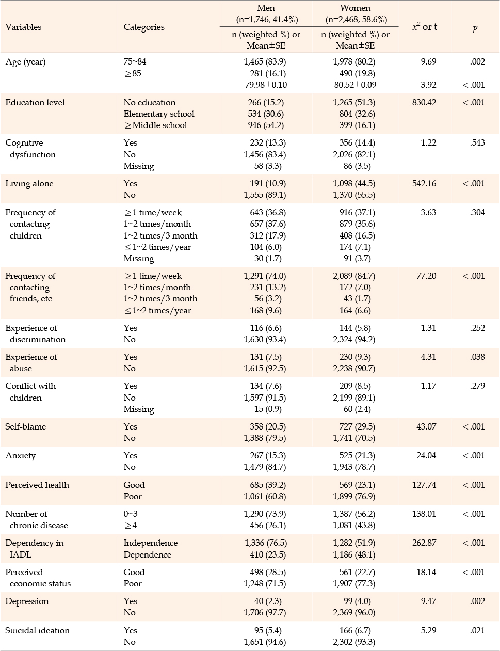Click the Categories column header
coord(144,27)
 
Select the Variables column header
coord(23,27)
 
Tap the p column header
coord(475,28)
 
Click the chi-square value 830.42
coord(424,102)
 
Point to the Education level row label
coord(35,102)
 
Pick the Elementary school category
coord(159,114)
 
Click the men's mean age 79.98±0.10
coord(266,85)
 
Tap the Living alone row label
coord(29,183)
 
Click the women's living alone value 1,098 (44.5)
coord(354,183)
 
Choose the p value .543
coord(477,142)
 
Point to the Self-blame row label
coord(25,426)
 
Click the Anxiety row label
coord(20,456)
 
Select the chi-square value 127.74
coord(424,485)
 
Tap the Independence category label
coord(151,543)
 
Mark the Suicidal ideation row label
coord(38,631)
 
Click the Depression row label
coord(27,601)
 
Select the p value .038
coord(477,357)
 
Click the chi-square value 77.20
coord(426,276)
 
